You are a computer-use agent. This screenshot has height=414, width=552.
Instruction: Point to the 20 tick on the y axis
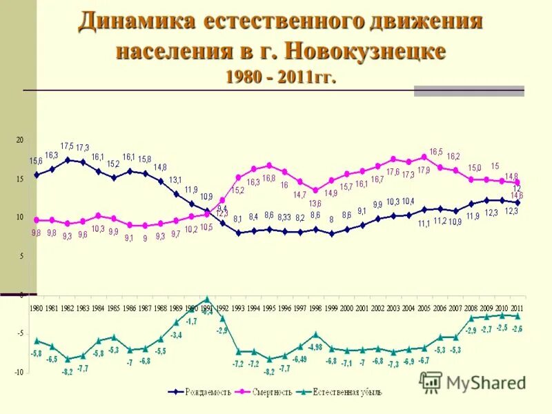point(20,140)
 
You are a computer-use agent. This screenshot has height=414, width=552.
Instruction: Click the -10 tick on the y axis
point(19,373)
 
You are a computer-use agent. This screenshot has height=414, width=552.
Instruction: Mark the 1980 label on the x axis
point(37,308)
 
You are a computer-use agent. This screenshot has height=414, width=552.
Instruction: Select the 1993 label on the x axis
point(237,308)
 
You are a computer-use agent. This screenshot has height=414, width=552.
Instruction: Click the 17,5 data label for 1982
point(67,146)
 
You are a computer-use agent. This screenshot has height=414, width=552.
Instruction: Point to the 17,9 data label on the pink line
point(424,170)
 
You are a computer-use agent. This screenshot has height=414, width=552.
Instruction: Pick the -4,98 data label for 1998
point(316,346)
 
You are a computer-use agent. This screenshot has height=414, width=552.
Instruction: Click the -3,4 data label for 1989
point(176,335)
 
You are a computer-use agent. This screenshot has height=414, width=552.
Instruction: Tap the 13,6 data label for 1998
point(315,204)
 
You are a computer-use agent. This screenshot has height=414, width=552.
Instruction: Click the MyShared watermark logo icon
point(431,382)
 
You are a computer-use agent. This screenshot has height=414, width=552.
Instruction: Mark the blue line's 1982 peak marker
point(68,159)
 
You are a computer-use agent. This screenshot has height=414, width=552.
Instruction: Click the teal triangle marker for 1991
point(207,299)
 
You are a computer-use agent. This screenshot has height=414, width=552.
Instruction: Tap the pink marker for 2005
point(424,157)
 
